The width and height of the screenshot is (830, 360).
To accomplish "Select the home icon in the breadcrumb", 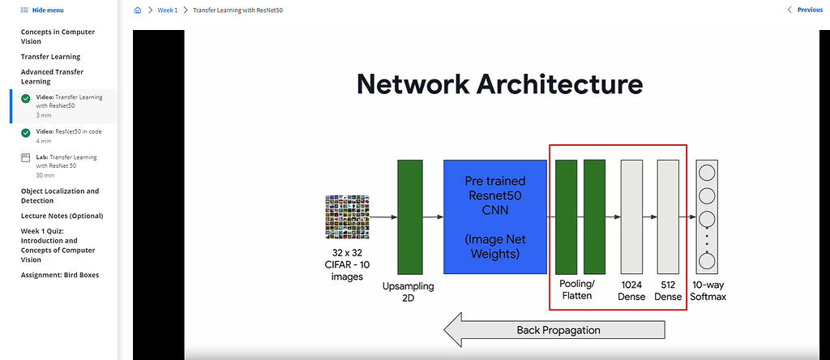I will (x=137, y=11).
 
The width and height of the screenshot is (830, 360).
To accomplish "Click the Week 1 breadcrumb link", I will (x=166, y=11).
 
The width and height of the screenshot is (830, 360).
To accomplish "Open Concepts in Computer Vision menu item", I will (x=58, y=36).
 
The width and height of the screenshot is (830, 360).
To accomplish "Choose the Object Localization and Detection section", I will (x=59, y=195).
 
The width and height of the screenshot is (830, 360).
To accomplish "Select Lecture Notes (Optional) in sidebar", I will (x=62, y=216).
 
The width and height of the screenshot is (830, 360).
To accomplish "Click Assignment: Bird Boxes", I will (x=59, y=275).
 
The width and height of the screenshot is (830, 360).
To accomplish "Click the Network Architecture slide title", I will (x=500, y=84).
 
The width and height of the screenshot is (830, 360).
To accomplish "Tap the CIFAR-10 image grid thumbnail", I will (x=347, y=216).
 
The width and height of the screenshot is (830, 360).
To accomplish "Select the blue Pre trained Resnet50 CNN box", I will (x=494, y=216).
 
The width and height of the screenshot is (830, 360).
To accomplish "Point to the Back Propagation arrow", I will (x=554, y=330).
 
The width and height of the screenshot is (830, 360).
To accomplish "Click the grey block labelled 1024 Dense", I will (x=631, y=216).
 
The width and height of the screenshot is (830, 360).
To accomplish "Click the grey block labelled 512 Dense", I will (x=668, y=216).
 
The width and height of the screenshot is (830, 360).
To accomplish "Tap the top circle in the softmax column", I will (x=706, y=172).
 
